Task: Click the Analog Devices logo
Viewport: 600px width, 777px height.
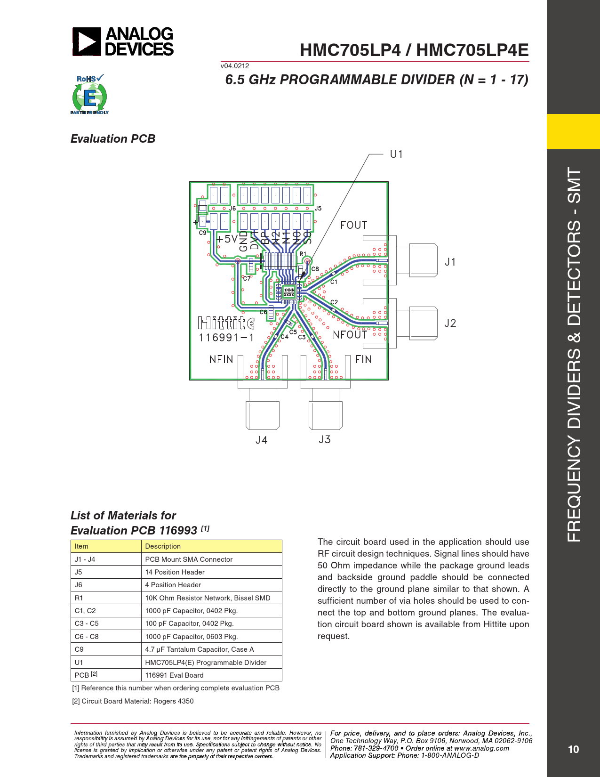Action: pos(123,42)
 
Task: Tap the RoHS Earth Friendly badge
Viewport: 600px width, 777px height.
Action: pos(89,94)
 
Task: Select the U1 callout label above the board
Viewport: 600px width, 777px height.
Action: pos(396,154)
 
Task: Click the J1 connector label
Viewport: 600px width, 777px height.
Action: pos(450,262)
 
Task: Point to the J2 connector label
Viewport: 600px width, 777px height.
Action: pos(450,324)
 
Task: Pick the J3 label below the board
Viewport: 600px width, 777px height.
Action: pos(325,440)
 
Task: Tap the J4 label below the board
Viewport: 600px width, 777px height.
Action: pos(261,440)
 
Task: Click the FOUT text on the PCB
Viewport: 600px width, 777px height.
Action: pos(353,225)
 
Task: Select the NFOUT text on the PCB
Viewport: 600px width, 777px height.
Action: pos(350,335)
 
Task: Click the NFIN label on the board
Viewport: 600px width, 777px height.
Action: pos(221,360)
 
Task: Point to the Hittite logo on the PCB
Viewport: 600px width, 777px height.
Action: pos(226,323)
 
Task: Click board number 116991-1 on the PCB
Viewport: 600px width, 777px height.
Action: pos(226,338)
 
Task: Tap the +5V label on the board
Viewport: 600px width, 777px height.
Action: pos(227,239)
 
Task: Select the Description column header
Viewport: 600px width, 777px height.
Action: pos(163,546)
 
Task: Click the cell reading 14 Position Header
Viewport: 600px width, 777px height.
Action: pos(175,572)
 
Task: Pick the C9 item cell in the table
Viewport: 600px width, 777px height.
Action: pos(79,649)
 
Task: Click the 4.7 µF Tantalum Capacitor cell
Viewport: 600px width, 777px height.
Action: pos(200,649)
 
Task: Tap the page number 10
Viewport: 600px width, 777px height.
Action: pos(573,750)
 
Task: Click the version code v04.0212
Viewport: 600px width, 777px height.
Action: pos(235,66)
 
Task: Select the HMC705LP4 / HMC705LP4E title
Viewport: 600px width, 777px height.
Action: pos(414,50)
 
